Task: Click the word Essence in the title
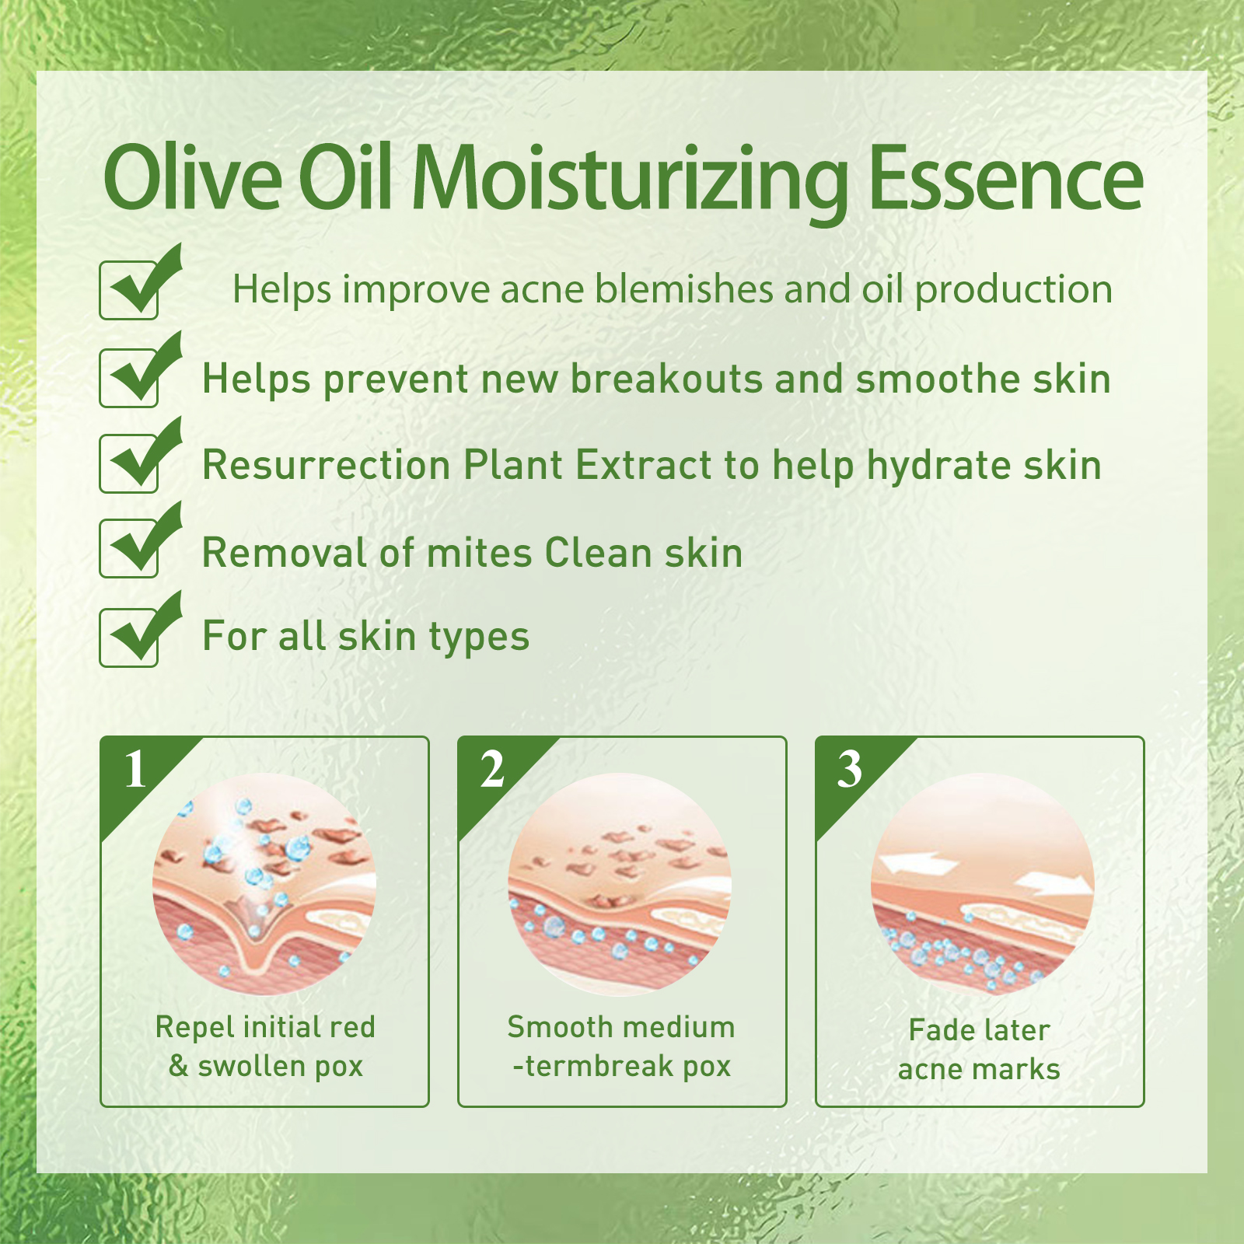tap(1005, 178)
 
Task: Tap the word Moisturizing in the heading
tap(630, 183)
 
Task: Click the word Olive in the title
tap(193, 176)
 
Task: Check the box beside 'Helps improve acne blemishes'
tap(129, 291)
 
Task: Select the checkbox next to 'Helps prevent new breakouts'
tap(129, 379)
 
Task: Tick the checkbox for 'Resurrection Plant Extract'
tap(129, 464)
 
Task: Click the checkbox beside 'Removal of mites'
tap(129, 549)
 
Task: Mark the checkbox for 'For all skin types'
tap(129, 638)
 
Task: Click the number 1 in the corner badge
tap(136, 771)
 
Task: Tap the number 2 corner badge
tap(492, 771)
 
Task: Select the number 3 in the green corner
tap(850, 771)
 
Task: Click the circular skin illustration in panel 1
tap(264, 884)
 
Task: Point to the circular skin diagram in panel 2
tap(620, 884)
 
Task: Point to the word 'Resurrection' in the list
tap(327, 466)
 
